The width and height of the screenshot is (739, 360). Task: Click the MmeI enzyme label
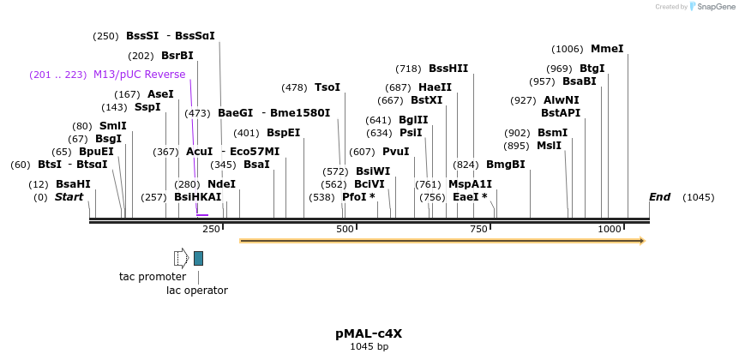coord(607,49)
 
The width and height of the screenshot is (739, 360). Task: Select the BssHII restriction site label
coord(448,69)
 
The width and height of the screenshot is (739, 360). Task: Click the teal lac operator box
coord(198,258)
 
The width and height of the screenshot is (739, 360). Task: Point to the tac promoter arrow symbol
coord(181,258)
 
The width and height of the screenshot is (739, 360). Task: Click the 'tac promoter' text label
coord(153,277)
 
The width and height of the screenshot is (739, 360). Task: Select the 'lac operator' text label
coord(198,290)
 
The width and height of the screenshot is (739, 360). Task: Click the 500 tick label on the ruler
coord(345,230)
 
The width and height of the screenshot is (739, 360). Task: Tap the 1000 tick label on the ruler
coord(610,230)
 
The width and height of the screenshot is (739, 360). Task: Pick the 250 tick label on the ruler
coord(211,230)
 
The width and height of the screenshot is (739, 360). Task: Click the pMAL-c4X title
coord(369,333)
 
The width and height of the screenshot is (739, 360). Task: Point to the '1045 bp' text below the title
coord(369,347)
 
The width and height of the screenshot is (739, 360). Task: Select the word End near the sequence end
coord(659,197)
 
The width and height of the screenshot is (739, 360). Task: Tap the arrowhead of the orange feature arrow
coord(640,241)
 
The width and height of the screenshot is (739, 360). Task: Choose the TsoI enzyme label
coord(327,87)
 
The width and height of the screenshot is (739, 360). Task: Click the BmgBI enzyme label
coord(506,165)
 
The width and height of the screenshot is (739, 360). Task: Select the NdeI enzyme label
coord(221,183)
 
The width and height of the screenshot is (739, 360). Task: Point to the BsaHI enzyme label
coord(73,183)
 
